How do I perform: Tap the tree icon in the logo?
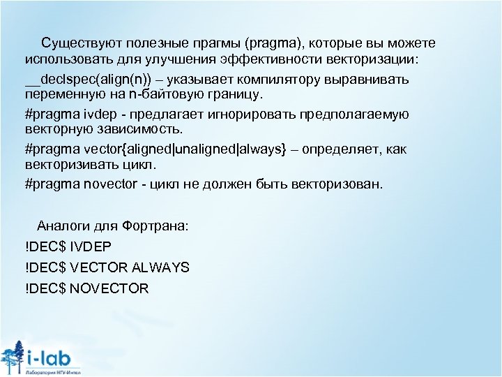coord(13,356)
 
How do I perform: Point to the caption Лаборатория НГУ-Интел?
coord(52,373)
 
